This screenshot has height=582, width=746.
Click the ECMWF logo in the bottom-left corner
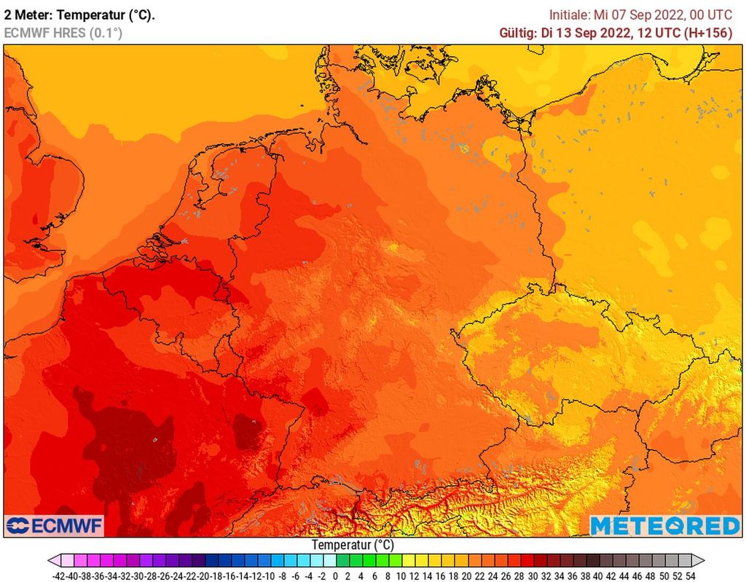55,525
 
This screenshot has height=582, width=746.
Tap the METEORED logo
664,525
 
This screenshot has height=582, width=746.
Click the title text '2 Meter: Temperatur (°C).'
79,15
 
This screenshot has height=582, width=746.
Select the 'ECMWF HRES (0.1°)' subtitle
63,33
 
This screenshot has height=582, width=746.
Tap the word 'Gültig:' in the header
519,33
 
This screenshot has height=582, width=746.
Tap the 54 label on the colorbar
691,575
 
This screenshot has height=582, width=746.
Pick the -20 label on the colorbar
205,575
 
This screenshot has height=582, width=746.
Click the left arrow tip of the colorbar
50,561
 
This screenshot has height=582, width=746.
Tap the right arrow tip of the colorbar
703,561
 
